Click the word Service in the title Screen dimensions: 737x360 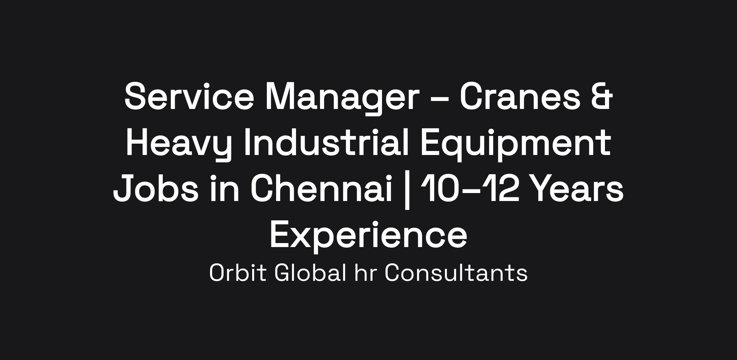pyautogui.click(x=189, y=96)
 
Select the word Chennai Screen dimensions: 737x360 pyautogui.click(x=322, y=188)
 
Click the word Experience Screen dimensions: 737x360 pyautogui.click(x=368, y=236)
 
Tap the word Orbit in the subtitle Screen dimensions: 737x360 pyautogui.click(x=237, y=273)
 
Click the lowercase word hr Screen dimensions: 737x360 pyautogui.click(x=365, y=273)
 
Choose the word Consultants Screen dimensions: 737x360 pyautogui.click(x=456, y=273)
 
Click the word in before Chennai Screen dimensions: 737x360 pyautogui.click(x=224, y=188)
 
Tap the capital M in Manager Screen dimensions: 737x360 pyautogui.click(x=280, y=96)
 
